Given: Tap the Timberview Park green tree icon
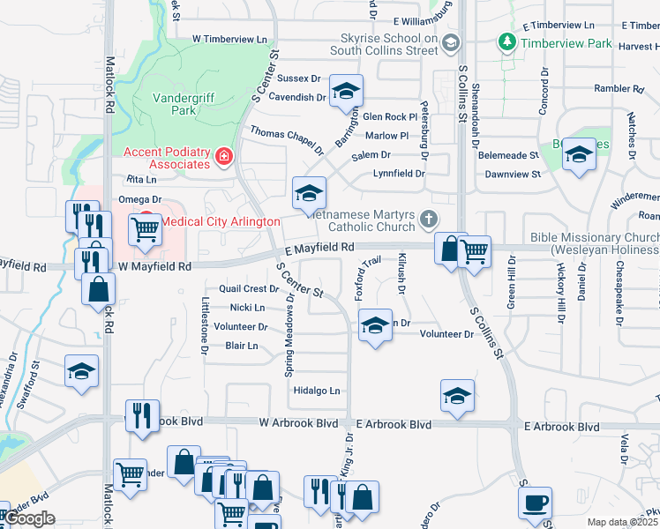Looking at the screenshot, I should [507, 42].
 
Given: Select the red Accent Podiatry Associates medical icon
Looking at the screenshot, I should [223, 157].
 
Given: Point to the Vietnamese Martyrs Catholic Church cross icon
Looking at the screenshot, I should [429, 219].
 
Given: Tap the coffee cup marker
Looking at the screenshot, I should [535, 504].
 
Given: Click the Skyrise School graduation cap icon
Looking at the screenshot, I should [451, 43].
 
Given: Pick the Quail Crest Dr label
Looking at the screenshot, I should [249, 289].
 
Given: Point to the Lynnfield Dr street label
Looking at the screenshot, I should [398, 174].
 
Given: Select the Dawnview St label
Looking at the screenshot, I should [512, 175].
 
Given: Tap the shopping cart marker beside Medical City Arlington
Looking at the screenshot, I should [146, 229].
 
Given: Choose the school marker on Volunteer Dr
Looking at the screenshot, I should [375, 325].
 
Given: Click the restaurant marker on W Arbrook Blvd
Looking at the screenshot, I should [141, 415].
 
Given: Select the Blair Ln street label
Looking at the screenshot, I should [242, 346].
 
